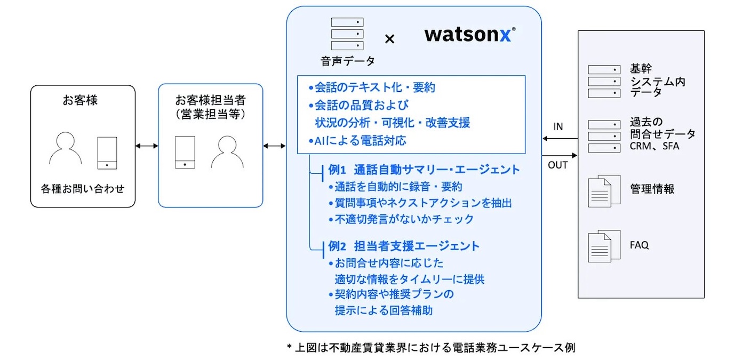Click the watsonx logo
pos(470,35)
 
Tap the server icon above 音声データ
pos(347,34)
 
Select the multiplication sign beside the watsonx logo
pos(390,38)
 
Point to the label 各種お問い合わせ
pos(83,188)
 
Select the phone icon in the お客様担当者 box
pos(185,152)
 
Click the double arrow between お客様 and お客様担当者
pos(147,145)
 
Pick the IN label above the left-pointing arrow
pos(558,127)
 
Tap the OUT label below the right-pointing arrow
pos(558,165)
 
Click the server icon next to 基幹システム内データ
pos(604,82)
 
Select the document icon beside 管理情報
pos(604,190)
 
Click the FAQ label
pos(639,245)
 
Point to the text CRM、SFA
pos(654,146)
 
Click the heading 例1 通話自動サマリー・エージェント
pos(424,170)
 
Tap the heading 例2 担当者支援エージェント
pos(404,246)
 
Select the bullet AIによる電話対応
pos(357,141)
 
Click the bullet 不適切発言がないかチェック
pos(401,219)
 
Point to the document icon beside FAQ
pos(604,246)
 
